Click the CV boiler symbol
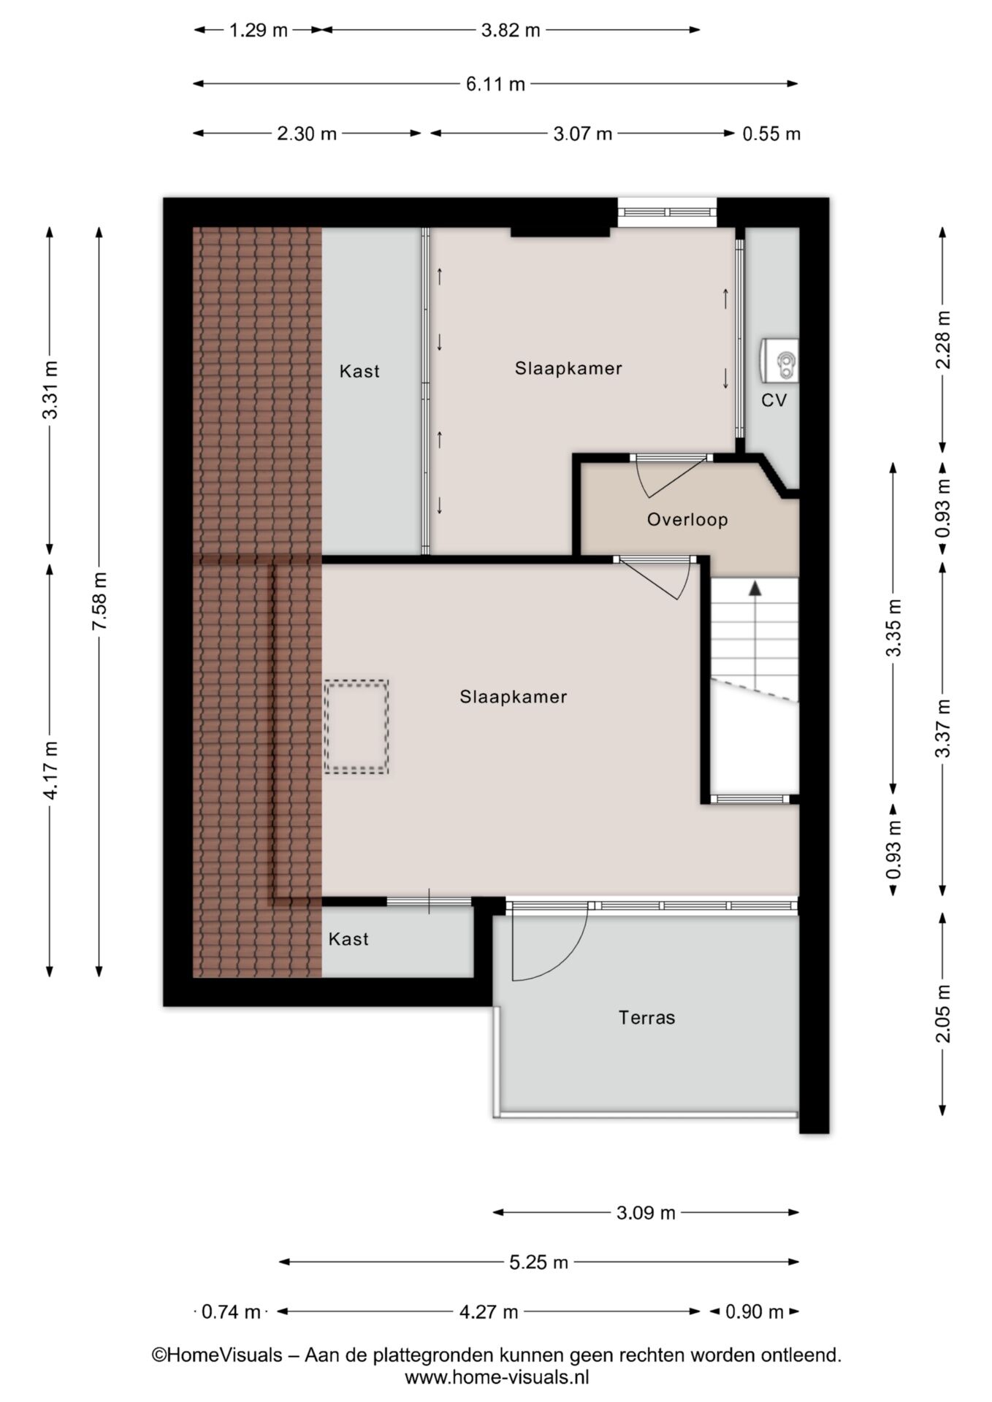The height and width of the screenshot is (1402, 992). (779, 361)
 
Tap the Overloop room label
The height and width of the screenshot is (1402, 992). (687, 520)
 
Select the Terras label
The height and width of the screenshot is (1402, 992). (646, 1017)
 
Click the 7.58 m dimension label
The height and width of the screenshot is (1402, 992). (99, 601)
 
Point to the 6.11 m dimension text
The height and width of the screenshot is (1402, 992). (495, 84)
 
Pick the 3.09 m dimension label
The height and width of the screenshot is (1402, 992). (646, 1213)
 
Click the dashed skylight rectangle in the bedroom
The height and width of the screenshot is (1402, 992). (356, 727)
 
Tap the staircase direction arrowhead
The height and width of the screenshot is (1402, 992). (755, 587)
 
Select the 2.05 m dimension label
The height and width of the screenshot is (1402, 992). (943, 1014)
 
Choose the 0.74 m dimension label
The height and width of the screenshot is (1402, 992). (231, 1312)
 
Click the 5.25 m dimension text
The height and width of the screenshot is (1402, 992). (538, 1262)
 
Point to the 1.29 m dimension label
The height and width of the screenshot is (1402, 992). (259, 31)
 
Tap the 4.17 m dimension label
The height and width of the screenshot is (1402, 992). (50, 770)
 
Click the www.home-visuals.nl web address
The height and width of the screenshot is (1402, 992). (497, 1377)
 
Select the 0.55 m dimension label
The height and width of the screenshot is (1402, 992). (771, 134)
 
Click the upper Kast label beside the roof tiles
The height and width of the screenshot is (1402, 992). (359, 371)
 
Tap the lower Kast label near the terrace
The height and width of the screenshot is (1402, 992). (348, 939)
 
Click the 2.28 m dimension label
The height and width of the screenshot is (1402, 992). (943, 340)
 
